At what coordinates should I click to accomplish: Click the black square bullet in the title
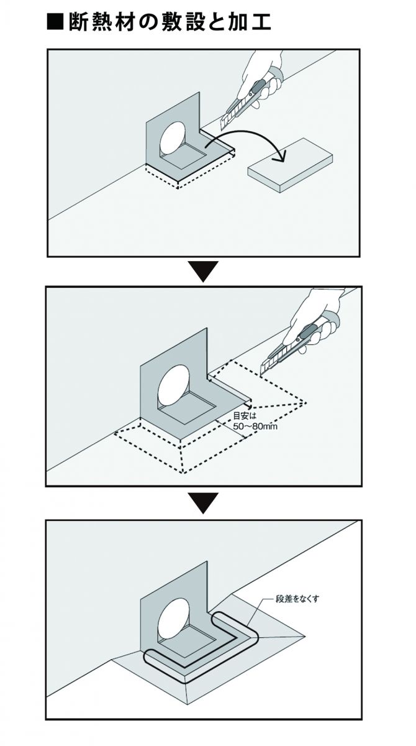coord(57,23)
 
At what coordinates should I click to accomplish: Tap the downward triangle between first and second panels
coord(204,272)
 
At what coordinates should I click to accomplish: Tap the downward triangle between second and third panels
coord(204,502)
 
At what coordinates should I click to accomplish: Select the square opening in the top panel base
coord(186,157)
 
